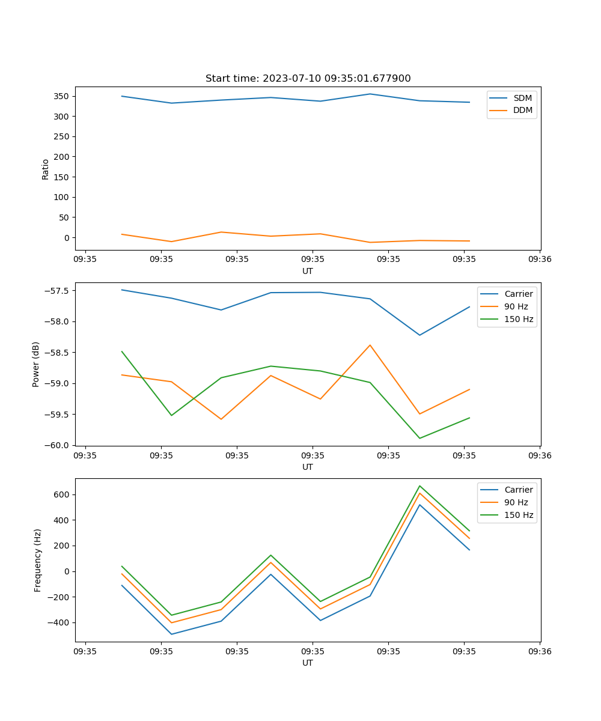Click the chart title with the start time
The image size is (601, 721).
coord(308,79)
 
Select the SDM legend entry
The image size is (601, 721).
coord(522,98)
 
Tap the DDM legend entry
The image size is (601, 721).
coord(522,110)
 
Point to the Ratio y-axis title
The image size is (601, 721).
coord(45,169)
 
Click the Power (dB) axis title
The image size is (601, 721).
coord(36,364)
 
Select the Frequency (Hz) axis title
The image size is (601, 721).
coord(38,560)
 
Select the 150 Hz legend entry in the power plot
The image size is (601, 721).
coord(518,319)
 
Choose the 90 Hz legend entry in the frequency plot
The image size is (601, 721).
coord(516,502)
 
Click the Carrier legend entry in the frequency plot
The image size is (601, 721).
coord(518,490)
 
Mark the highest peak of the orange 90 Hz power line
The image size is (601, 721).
coord(370,345)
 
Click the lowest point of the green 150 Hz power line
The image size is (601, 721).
coord(419,438)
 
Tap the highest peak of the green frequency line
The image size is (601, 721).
coord(419,485)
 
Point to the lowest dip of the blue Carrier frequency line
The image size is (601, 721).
coord(171,634)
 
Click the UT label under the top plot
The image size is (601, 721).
coord(308,271)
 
